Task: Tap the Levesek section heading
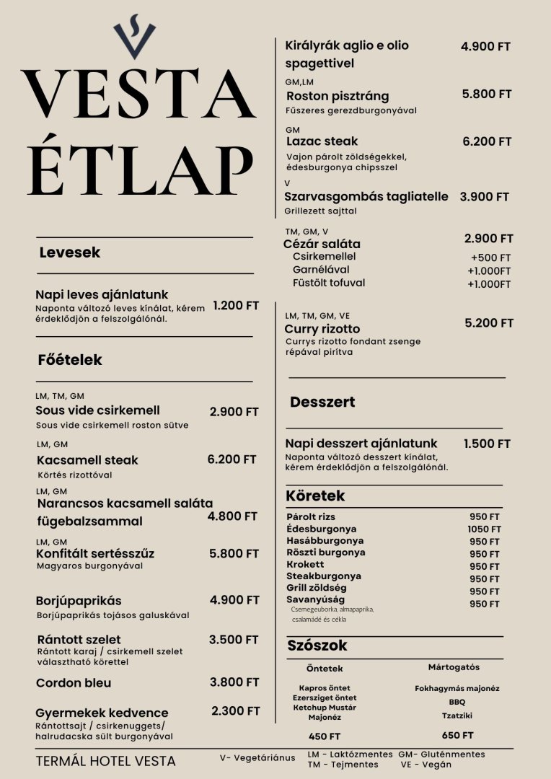pyautogui.click(x=69, y=252)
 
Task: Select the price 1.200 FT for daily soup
pyautogui.click(x=236, y=306)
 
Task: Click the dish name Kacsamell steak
pyautogui.click(x=87, y=459)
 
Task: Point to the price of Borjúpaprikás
pyautogui.click(x=234, y=600)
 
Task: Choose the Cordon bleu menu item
pyautogui.click(x=74, y=682)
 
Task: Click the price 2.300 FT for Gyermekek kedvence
pyautogui.click(x=236, y=711)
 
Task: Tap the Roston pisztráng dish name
pyautogui.click(x=338, y=96)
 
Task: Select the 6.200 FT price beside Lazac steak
pyautogui.click(x=487, y=141)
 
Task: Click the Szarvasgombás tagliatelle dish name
pyautogui.click(x=366, y=196)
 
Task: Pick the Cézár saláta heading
pyautogui.click(x=322, y=244)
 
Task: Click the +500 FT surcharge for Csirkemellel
pyautogui.click(x=490, y=258)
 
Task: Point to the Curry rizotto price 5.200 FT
pyautogui.click(x=489, y=323)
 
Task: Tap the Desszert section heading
pyautogui.click(x=322, y=402)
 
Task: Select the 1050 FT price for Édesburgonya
pyautogui.click(x=484, y=529)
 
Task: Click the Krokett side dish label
pyautogui.click(x=305, y=564)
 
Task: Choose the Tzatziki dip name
pyautogui.click(x=457, y=716)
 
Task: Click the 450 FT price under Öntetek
pyautogui.click(x=325, y=736)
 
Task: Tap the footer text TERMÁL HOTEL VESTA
pyautogui.click(x=105, y=761)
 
